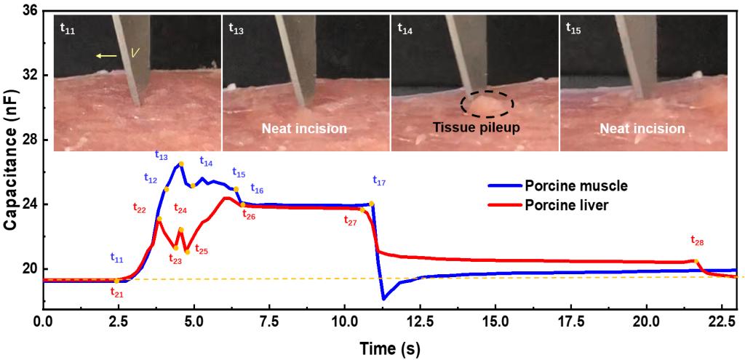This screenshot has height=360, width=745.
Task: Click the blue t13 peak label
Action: point(161,156)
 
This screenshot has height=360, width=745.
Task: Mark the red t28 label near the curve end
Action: point(697,239)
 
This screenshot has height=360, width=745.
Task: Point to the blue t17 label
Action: point(379,180)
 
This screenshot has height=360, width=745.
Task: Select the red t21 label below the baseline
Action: point(117,292)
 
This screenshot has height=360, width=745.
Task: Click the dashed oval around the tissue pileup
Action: point(488,104)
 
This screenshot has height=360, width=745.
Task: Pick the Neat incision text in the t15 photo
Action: point(642,128)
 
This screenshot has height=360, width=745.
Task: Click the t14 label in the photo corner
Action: point(405,28)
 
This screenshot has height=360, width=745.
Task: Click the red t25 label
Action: point(200,251)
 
